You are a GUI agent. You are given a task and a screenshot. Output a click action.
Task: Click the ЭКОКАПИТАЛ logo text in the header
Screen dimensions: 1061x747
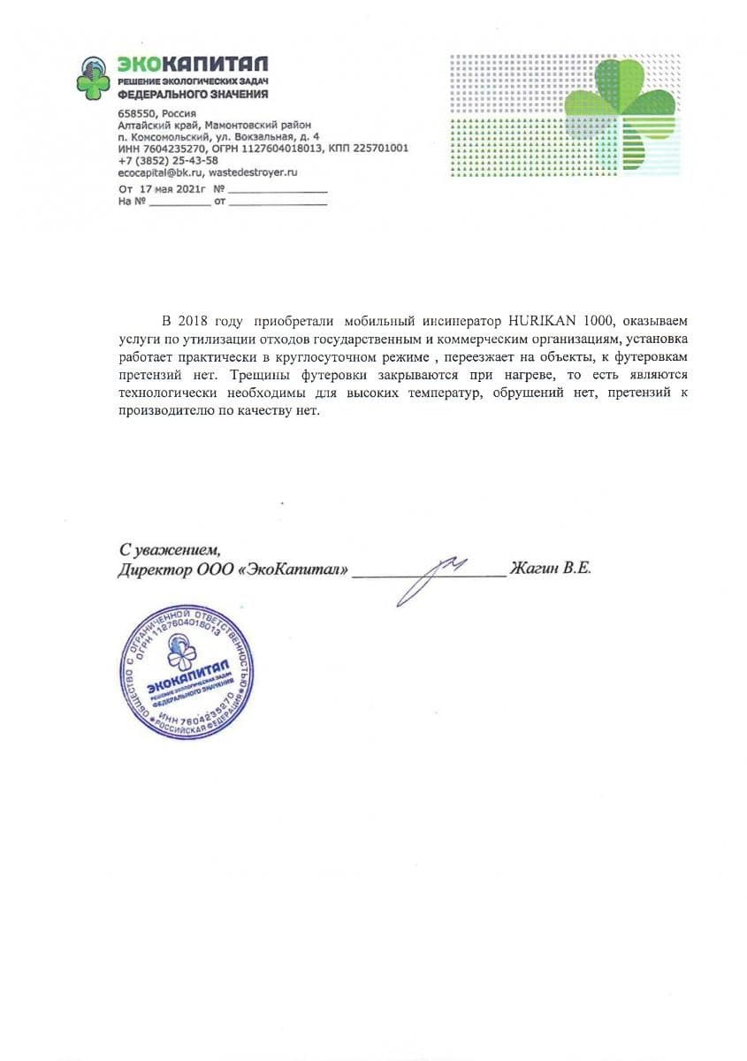click(193, 65)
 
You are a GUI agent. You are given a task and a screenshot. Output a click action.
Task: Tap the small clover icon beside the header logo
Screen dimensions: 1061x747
click(93, 79)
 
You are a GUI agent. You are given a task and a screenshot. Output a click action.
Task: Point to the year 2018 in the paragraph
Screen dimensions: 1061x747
click(194, 319)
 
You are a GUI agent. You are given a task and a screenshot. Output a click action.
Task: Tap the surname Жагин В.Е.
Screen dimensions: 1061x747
click(551, 569)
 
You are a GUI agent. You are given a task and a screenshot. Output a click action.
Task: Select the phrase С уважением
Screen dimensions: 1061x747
click(168, 549)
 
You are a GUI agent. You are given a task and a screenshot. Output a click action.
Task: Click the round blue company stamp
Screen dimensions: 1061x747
click(187, 671)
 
